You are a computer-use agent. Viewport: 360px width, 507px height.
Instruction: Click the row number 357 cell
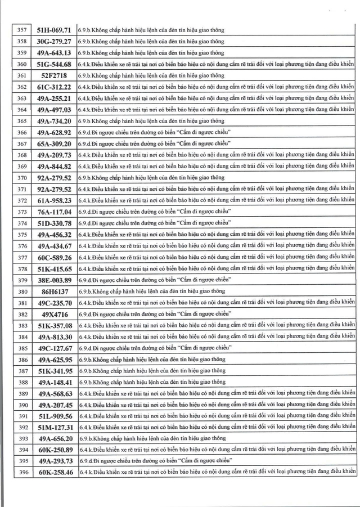[x=23, y=30]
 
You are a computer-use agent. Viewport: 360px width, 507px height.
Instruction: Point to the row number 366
[x=23, y=132]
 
